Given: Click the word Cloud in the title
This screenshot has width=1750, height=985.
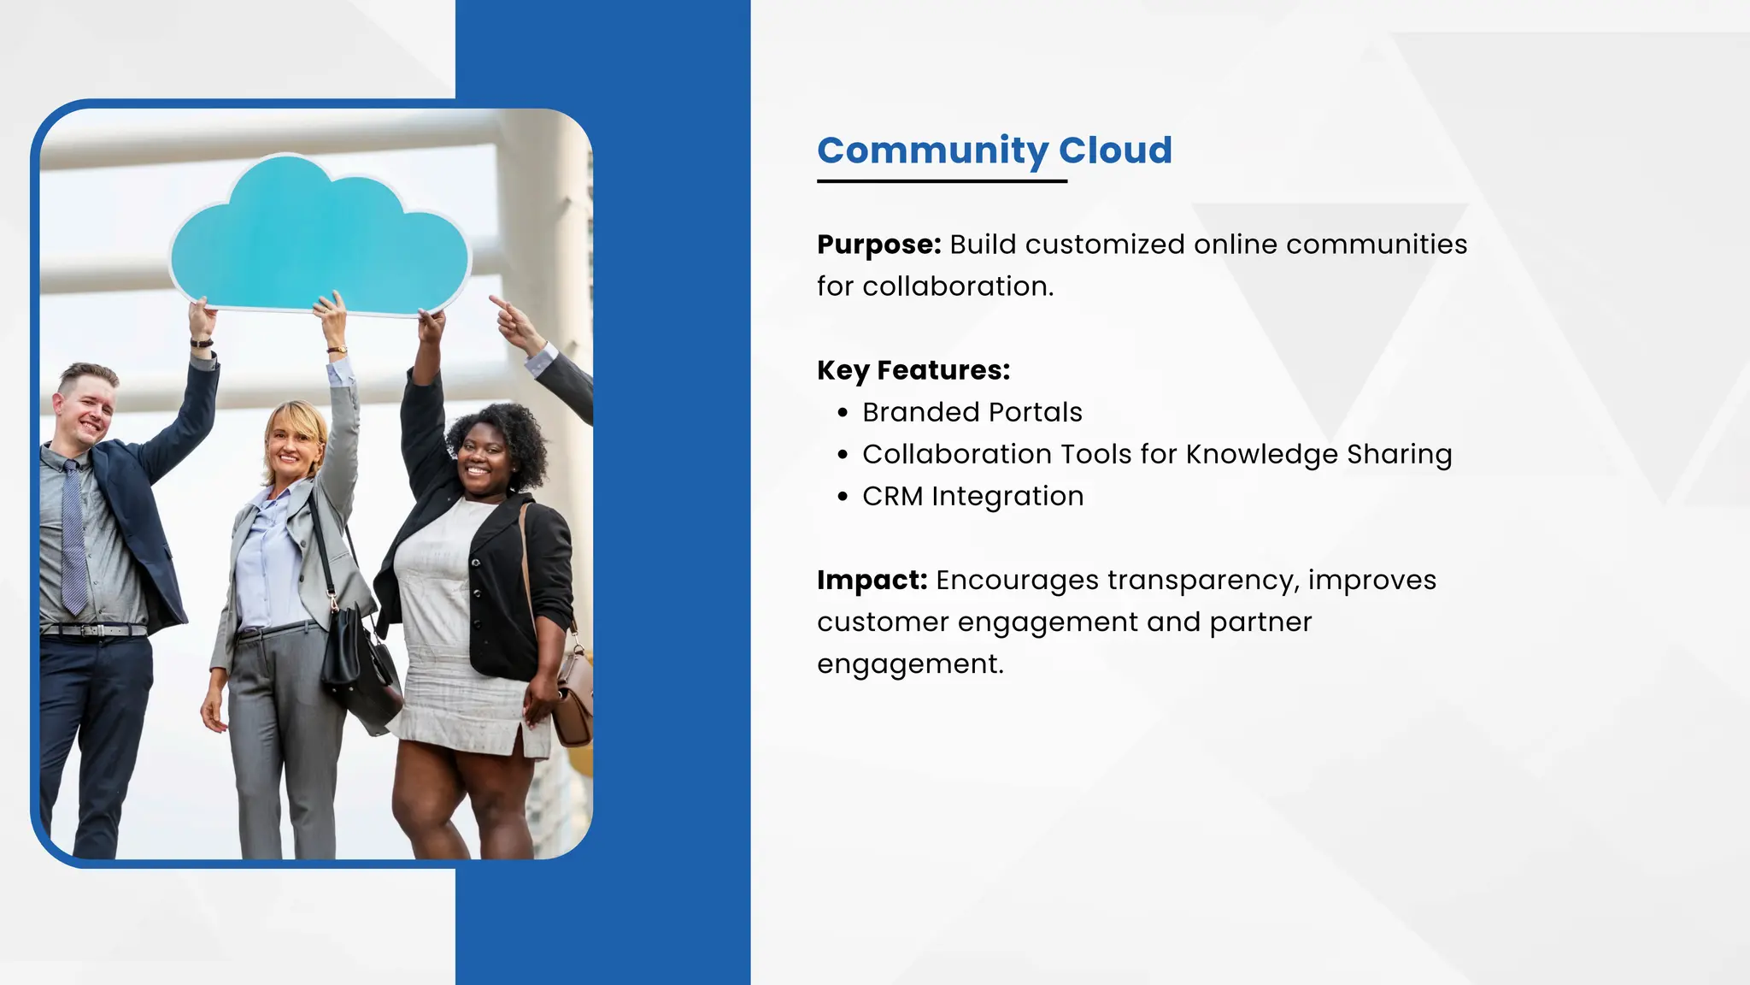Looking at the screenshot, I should coord(1115,150).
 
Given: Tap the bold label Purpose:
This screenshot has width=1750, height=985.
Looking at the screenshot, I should coord(878,245).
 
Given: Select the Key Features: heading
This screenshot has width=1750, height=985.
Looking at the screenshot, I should coord(913,370).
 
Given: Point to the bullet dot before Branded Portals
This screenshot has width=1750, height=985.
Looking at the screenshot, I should coord(843,413).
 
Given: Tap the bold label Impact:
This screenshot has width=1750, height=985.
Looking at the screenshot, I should coord(872,581).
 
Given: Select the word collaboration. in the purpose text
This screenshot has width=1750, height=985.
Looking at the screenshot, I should coord(958,286).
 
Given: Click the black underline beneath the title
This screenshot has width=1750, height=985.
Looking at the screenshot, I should coord(942,181).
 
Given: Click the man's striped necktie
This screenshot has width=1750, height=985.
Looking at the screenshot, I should coord(73,539).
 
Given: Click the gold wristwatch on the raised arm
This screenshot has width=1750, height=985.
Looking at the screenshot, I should coord(338,350).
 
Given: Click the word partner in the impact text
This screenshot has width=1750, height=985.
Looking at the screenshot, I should coord(1260,622).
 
